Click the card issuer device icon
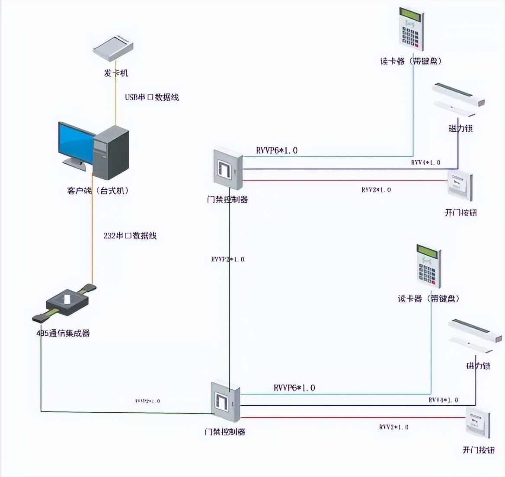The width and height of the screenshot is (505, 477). point(115,48)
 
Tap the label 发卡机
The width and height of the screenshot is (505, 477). point(116,73)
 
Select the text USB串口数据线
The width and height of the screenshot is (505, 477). point(152,97)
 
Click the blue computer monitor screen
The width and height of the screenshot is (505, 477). point(76,142)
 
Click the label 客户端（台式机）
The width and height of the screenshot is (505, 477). point(98,191)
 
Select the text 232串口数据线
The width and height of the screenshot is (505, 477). point(130,235)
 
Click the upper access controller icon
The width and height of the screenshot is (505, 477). point(227,169)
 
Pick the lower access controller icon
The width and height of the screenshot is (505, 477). point(225,402)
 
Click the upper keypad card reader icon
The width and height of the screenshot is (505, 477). point(411,29)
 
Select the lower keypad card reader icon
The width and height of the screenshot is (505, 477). point(428,265)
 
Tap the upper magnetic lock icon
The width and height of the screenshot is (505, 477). point(458,99)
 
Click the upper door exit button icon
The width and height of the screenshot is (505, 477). point(460,185)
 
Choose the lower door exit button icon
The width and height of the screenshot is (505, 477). point(478,423)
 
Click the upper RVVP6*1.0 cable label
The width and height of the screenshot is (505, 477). point(277,150)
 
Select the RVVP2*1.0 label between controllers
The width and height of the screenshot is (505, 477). point(228,259)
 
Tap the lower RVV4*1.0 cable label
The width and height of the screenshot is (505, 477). point(443,400)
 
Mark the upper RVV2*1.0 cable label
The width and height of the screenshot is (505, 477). point(376,190)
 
